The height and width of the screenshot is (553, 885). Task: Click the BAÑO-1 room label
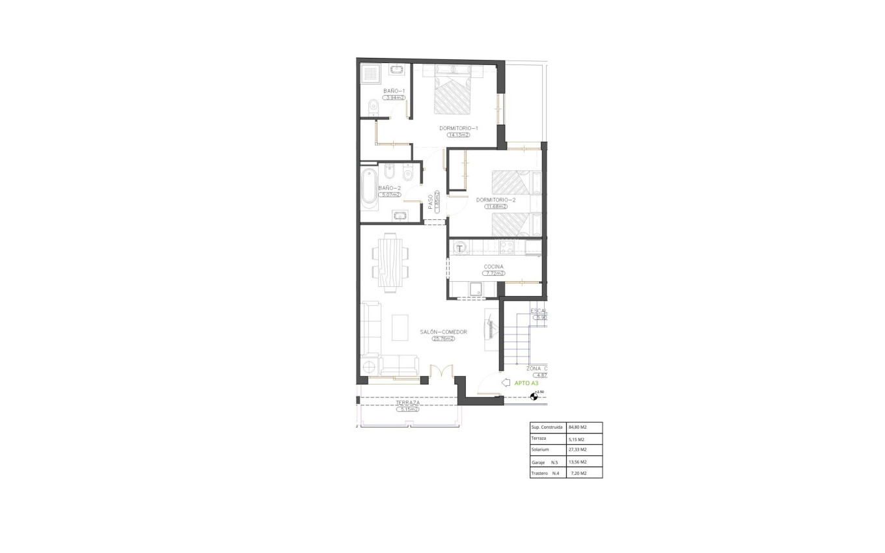pos(394,91)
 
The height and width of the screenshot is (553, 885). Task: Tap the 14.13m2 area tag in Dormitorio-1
pos(458,135)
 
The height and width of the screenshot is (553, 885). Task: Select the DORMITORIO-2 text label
pos(495,200)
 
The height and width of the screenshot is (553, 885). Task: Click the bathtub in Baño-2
pos(370,186)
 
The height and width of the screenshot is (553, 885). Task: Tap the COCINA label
pos(494,267)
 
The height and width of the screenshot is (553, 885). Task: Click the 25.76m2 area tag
pos(442,338)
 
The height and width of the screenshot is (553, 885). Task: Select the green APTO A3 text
pos(526,383)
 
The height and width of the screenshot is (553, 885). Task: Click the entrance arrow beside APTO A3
pos(506,383)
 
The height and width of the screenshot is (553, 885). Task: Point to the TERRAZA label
pos(408,403)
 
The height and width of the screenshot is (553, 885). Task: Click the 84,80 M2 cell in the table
pos(578,427)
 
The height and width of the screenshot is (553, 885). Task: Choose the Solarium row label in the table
pos(540,450)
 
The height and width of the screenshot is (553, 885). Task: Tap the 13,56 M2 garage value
pos(578,462)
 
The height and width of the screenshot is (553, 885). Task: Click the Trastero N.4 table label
pos(546,473)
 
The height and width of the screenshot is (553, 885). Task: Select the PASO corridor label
pos(431,202)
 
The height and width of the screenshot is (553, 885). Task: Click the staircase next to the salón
pos(515,338)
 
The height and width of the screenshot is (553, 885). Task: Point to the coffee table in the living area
pos(400,327)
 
